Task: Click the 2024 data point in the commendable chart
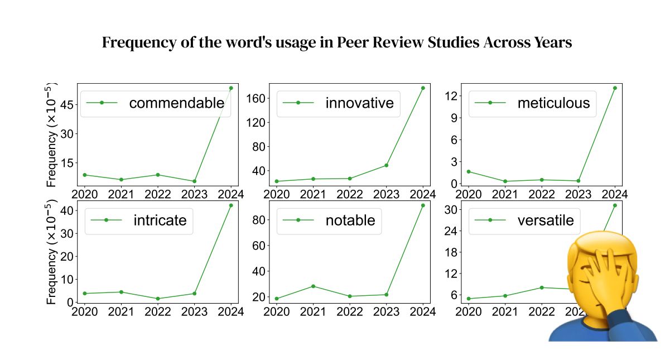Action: tap(231, 88)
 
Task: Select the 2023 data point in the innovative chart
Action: tap(387, 165)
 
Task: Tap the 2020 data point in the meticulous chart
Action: tap(469, 171)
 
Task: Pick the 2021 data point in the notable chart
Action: tap(313, 286)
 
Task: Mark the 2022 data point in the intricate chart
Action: tap(158, 299)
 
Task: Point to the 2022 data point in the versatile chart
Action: tap(542, 287)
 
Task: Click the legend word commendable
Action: tap(176, 103)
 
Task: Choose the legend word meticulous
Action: tap(553, 103)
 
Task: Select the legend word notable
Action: tap(350, 220)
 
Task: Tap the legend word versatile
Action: tap(546, 220)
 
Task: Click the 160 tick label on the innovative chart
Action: tap(256, 98)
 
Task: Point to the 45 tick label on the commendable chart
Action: tap(67, 105)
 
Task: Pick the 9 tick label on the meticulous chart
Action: tap(454, 118)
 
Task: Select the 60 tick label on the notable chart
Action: tap(259, 246)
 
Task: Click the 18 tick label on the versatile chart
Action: tap(451, 252)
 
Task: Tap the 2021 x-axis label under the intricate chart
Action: tap(121, 312)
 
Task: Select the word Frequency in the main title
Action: tap(139, 43)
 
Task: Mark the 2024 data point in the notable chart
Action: tap(423, 205)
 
